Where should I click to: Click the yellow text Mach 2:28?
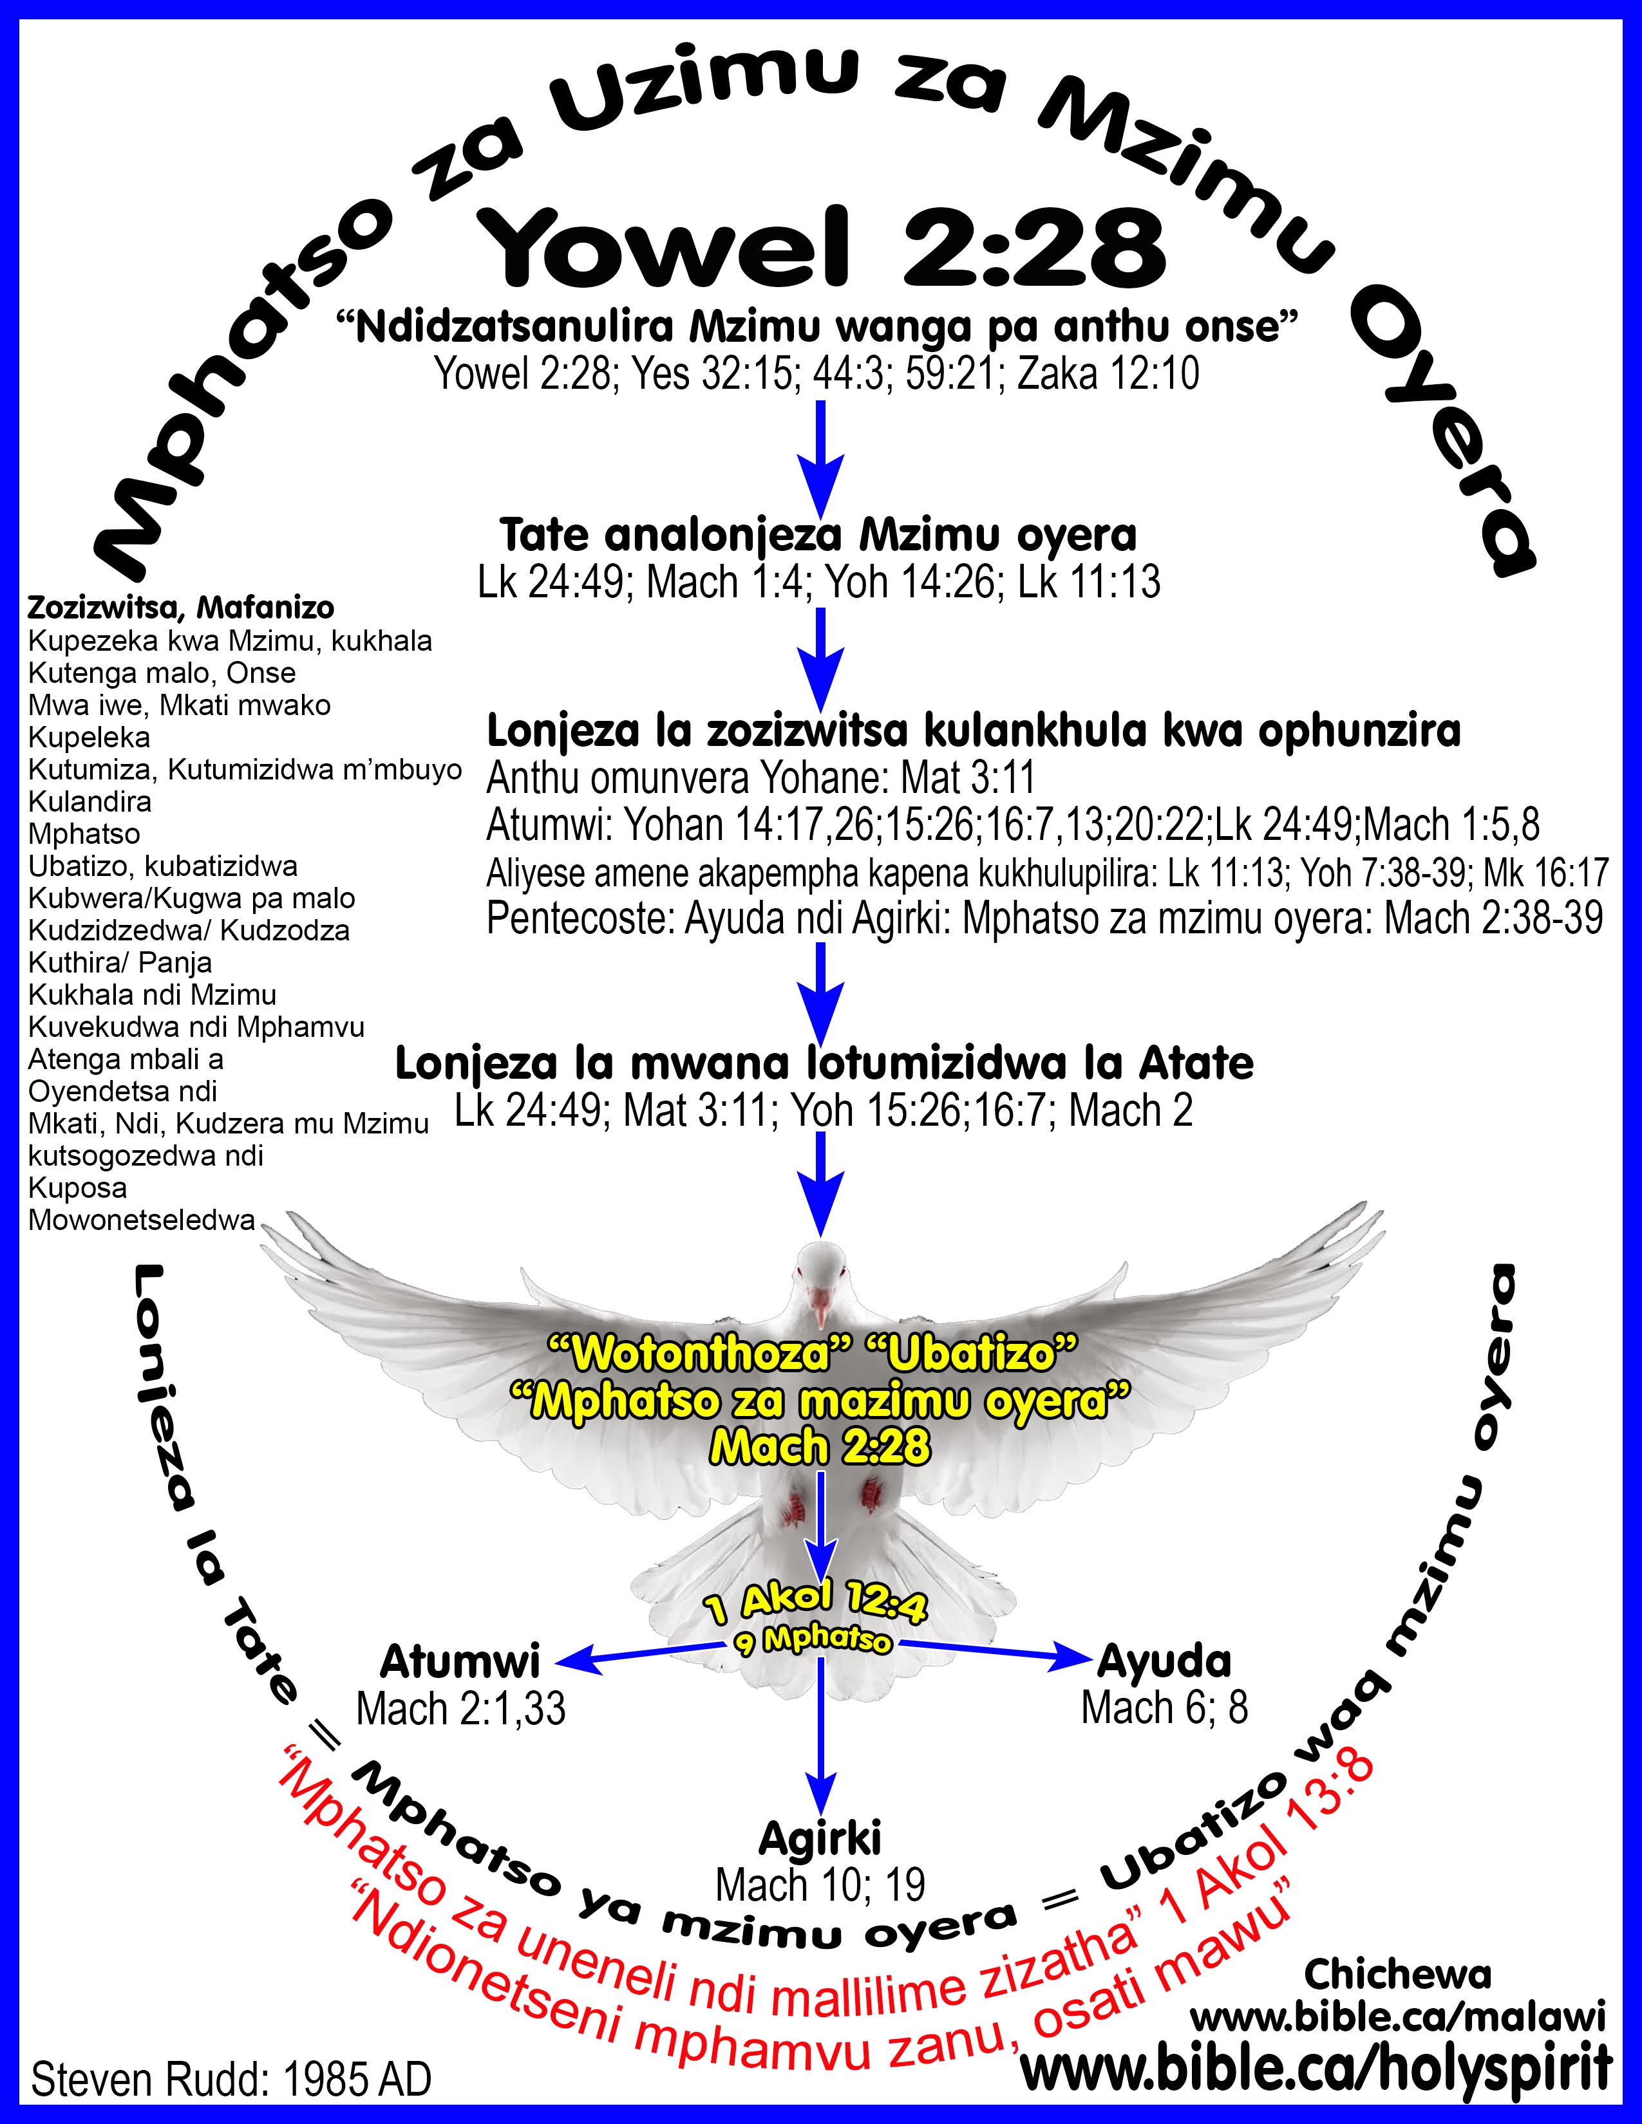[820, 1447]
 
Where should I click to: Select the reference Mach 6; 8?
[1164, 1708]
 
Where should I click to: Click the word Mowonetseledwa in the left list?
[142, 1220]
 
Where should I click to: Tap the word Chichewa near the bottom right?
[1398, 1973]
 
